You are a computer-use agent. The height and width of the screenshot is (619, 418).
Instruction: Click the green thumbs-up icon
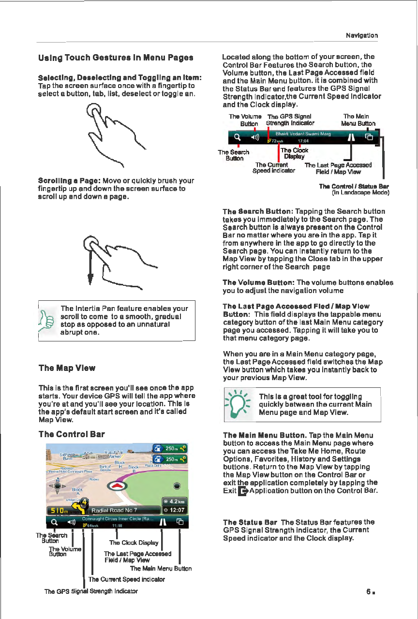[x=48, y=320]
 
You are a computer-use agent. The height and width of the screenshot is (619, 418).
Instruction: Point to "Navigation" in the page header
[x=361, y=35]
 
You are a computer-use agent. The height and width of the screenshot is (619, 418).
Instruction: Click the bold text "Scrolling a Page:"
[x=67, y=180]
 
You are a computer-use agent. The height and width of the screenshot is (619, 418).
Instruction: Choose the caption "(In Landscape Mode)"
[x=360, y=193]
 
